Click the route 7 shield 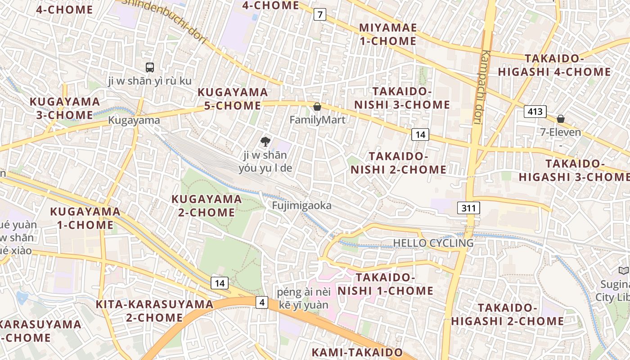tap(319, 14)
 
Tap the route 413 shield tap(535, 112)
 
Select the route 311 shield tap(468, 208)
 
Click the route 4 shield tap(262, 302)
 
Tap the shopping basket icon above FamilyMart tap(317, 107)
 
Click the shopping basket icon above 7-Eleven tap(561, 119)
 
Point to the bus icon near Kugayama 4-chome tap(150, 67)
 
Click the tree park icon tap(265, 142)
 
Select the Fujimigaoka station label tap(301, 206)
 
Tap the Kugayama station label tap(134, 120)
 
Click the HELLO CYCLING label tap(433, 243)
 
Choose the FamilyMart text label tap(317, 120)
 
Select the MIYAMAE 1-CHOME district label tap(387, 34)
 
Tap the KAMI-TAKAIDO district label tap(357, 352)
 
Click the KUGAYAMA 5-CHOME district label tap(233, 99)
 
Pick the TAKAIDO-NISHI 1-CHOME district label tap(385, 284)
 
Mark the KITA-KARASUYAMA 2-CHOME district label tap(154, 311)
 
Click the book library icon tap(623, 270)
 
